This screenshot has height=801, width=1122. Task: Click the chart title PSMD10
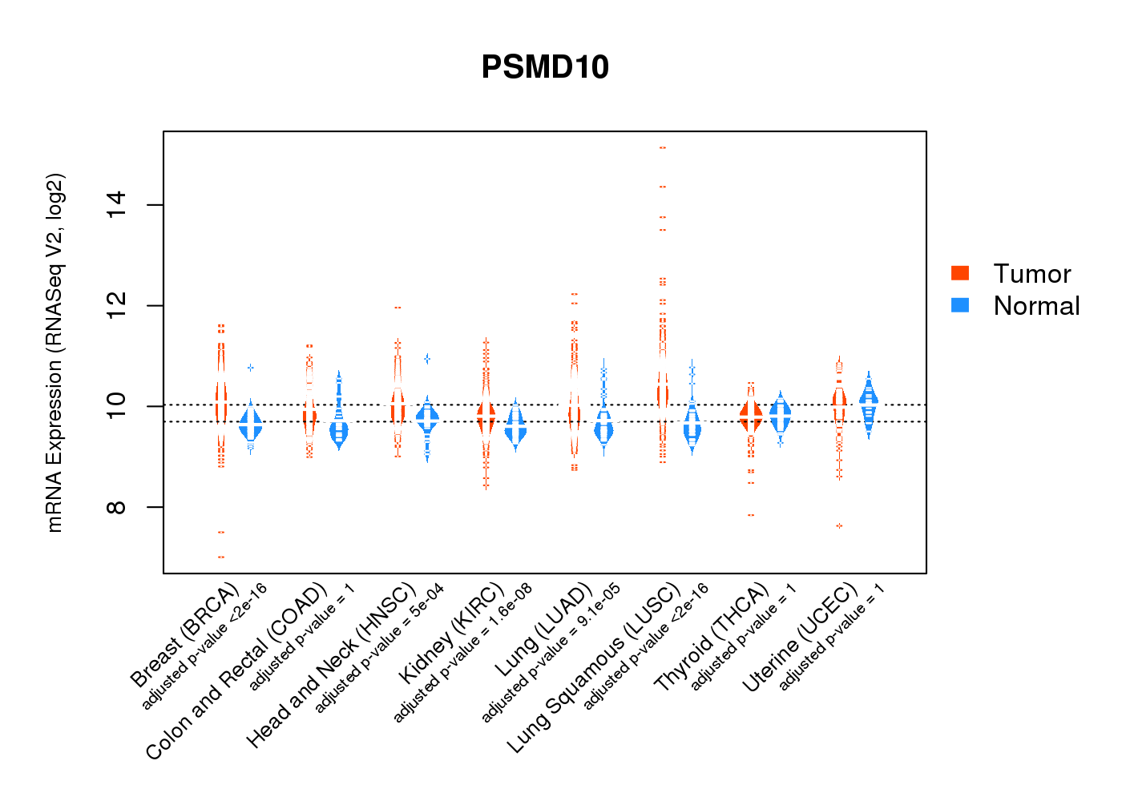[545, 67]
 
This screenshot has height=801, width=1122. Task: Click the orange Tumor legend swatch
[960, 273]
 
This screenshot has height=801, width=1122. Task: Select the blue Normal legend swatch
[960, 305]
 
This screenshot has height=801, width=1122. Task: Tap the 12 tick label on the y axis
[116, 306]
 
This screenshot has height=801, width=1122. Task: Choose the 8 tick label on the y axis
[116, 507]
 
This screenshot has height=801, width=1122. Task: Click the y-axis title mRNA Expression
[54, 352]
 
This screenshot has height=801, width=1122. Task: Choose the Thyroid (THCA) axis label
[711, 638]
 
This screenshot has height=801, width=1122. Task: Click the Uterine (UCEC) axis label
[800, 638]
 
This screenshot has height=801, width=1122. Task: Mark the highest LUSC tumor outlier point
[662, 148]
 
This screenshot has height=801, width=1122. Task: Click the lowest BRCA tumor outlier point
[221, 557]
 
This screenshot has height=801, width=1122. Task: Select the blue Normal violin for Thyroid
[780, 414]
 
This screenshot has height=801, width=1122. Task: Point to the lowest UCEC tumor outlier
[839, 525]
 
